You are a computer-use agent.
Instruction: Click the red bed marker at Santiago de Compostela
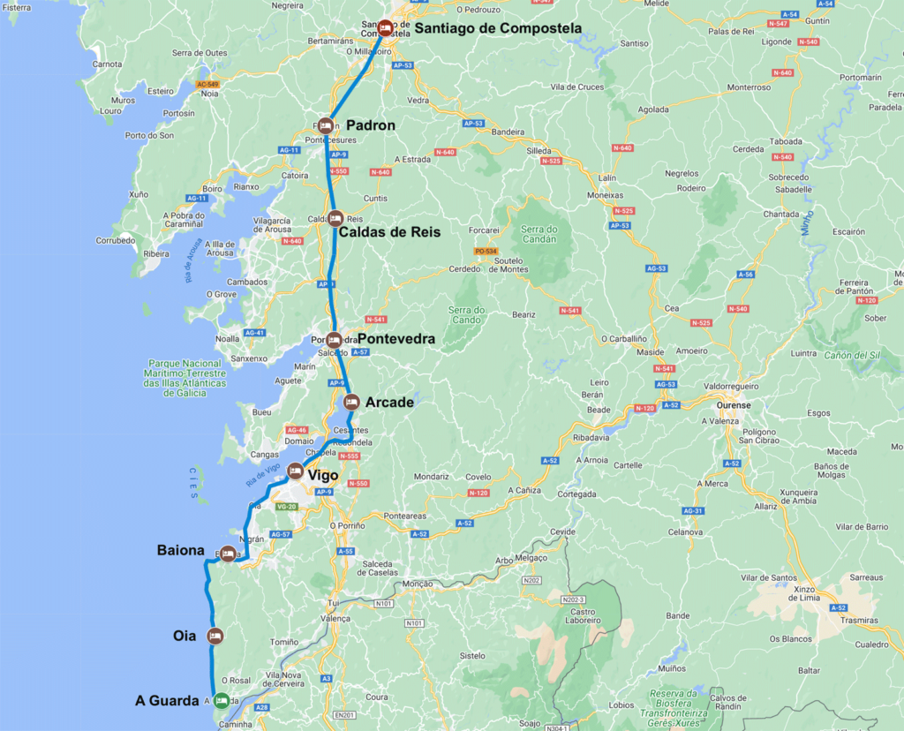click(386, 26)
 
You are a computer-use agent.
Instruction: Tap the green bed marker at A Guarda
click(221, 700)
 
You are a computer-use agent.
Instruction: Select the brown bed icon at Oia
click(214, 636)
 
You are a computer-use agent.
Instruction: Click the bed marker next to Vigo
click(296, 471)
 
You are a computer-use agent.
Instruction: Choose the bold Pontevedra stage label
click(395, 337)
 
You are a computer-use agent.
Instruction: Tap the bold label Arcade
click(389, 403)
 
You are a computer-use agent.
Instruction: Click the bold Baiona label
click(181, 550)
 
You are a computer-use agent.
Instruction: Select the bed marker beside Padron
click(325, 125)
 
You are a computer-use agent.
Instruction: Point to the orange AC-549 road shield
click(207, 83)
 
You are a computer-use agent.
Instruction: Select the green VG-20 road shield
click(287, 507)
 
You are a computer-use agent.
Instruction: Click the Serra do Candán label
click(539, 233)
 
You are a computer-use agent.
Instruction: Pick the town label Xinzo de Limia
click(805, 593)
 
